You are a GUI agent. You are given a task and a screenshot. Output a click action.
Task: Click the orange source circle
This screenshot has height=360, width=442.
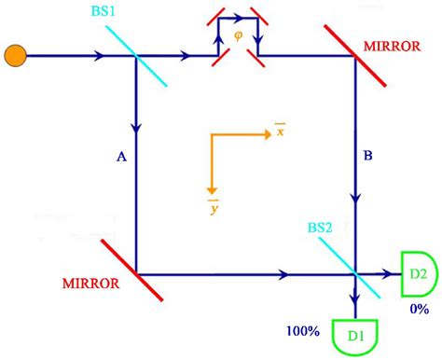point(16,57)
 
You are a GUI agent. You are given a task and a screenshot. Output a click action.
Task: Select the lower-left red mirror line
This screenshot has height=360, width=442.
point(136,270)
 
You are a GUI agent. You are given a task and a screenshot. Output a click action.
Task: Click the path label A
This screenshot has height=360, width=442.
point(120,159)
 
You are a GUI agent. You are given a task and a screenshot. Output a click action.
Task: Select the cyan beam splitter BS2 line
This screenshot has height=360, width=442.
point(353,271)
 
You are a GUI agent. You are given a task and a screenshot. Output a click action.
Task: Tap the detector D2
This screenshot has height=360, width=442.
point(414,274)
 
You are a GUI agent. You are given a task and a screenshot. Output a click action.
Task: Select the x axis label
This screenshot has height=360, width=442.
point(279,132)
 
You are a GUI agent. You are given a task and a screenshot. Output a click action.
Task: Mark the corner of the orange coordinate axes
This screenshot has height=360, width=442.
point(214,136)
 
